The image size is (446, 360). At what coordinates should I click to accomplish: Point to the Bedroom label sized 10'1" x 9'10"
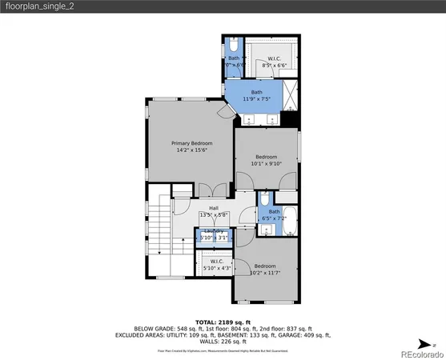(x=266, y=156)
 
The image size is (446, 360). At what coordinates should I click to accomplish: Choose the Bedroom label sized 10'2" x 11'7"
(x=265, y=266)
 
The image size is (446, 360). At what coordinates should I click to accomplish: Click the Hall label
(x=214, y=208)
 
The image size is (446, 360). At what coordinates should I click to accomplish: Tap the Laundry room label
(x=215, y=230)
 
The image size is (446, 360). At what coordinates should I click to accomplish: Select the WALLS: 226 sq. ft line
(x=222, y=342)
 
